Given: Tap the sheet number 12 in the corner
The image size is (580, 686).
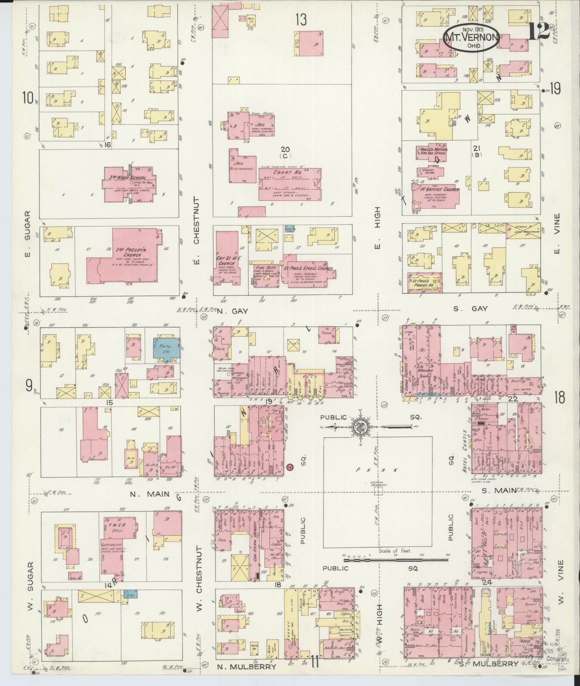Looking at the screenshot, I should click(x=539, y=31).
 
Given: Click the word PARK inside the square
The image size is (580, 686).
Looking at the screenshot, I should click(x=378, y=470).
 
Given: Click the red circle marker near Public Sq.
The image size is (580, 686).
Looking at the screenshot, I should click(x=290, y=467).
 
